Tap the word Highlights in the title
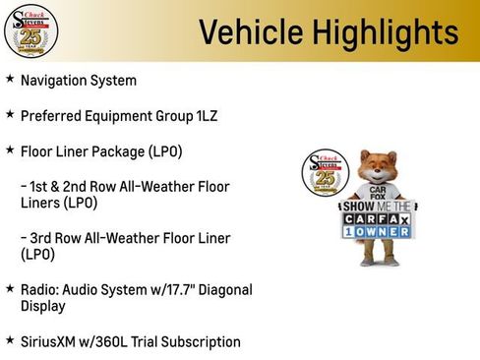(376, 31)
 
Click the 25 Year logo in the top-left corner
(30, 30)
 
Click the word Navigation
(55, 80)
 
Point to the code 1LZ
(200, 115)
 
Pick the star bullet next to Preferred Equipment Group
(10, 114)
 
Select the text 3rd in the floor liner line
(44, 238)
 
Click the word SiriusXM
(51, 341)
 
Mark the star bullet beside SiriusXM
(10, 340)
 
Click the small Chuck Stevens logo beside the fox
(321, 175)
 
